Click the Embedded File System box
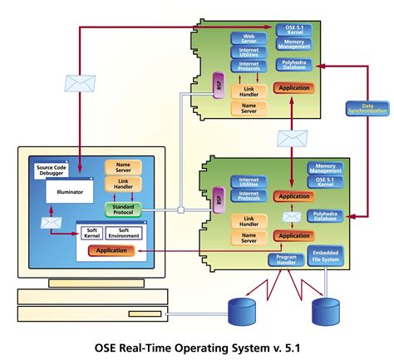[x=326, y=256]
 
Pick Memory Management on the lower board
[x=326, y=169]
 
